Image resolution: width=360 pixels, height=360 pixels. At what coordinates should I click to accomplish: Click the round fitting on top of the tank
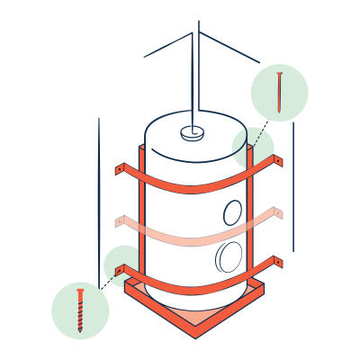pos(191,133)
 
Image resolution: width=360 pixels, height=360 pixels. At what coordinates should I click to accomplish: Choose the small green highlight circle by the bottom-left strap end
pos(121,264)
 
